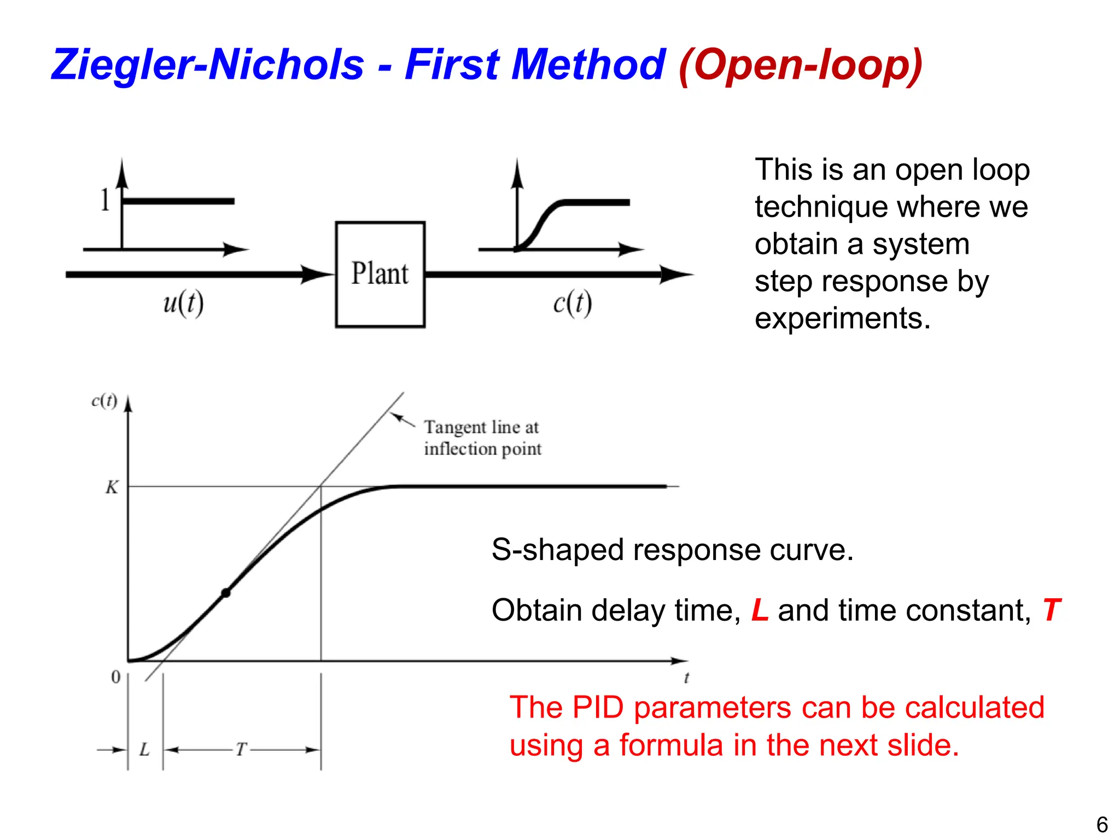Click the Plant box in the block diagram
[380, 274]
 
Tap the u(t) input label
[183, 303]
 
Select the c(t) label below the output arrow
[572, 303]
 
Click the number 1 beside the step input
[105, 200]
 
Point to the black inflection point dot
[225, 593]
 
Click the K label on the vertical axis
[112, 487]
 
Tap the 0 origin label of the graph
[116, 677]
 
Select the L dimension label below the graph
[144, 749]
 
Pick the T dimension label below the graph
[241, 749]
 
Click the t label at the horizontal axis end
[686, 678]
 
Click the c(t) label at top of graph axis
[104, 401]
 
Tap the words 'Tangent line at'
[481, 427]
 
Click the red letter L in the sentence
[760, 610]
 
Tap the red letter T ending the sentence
[1051, 610]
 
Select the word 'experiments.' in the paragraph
[842, 318]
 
